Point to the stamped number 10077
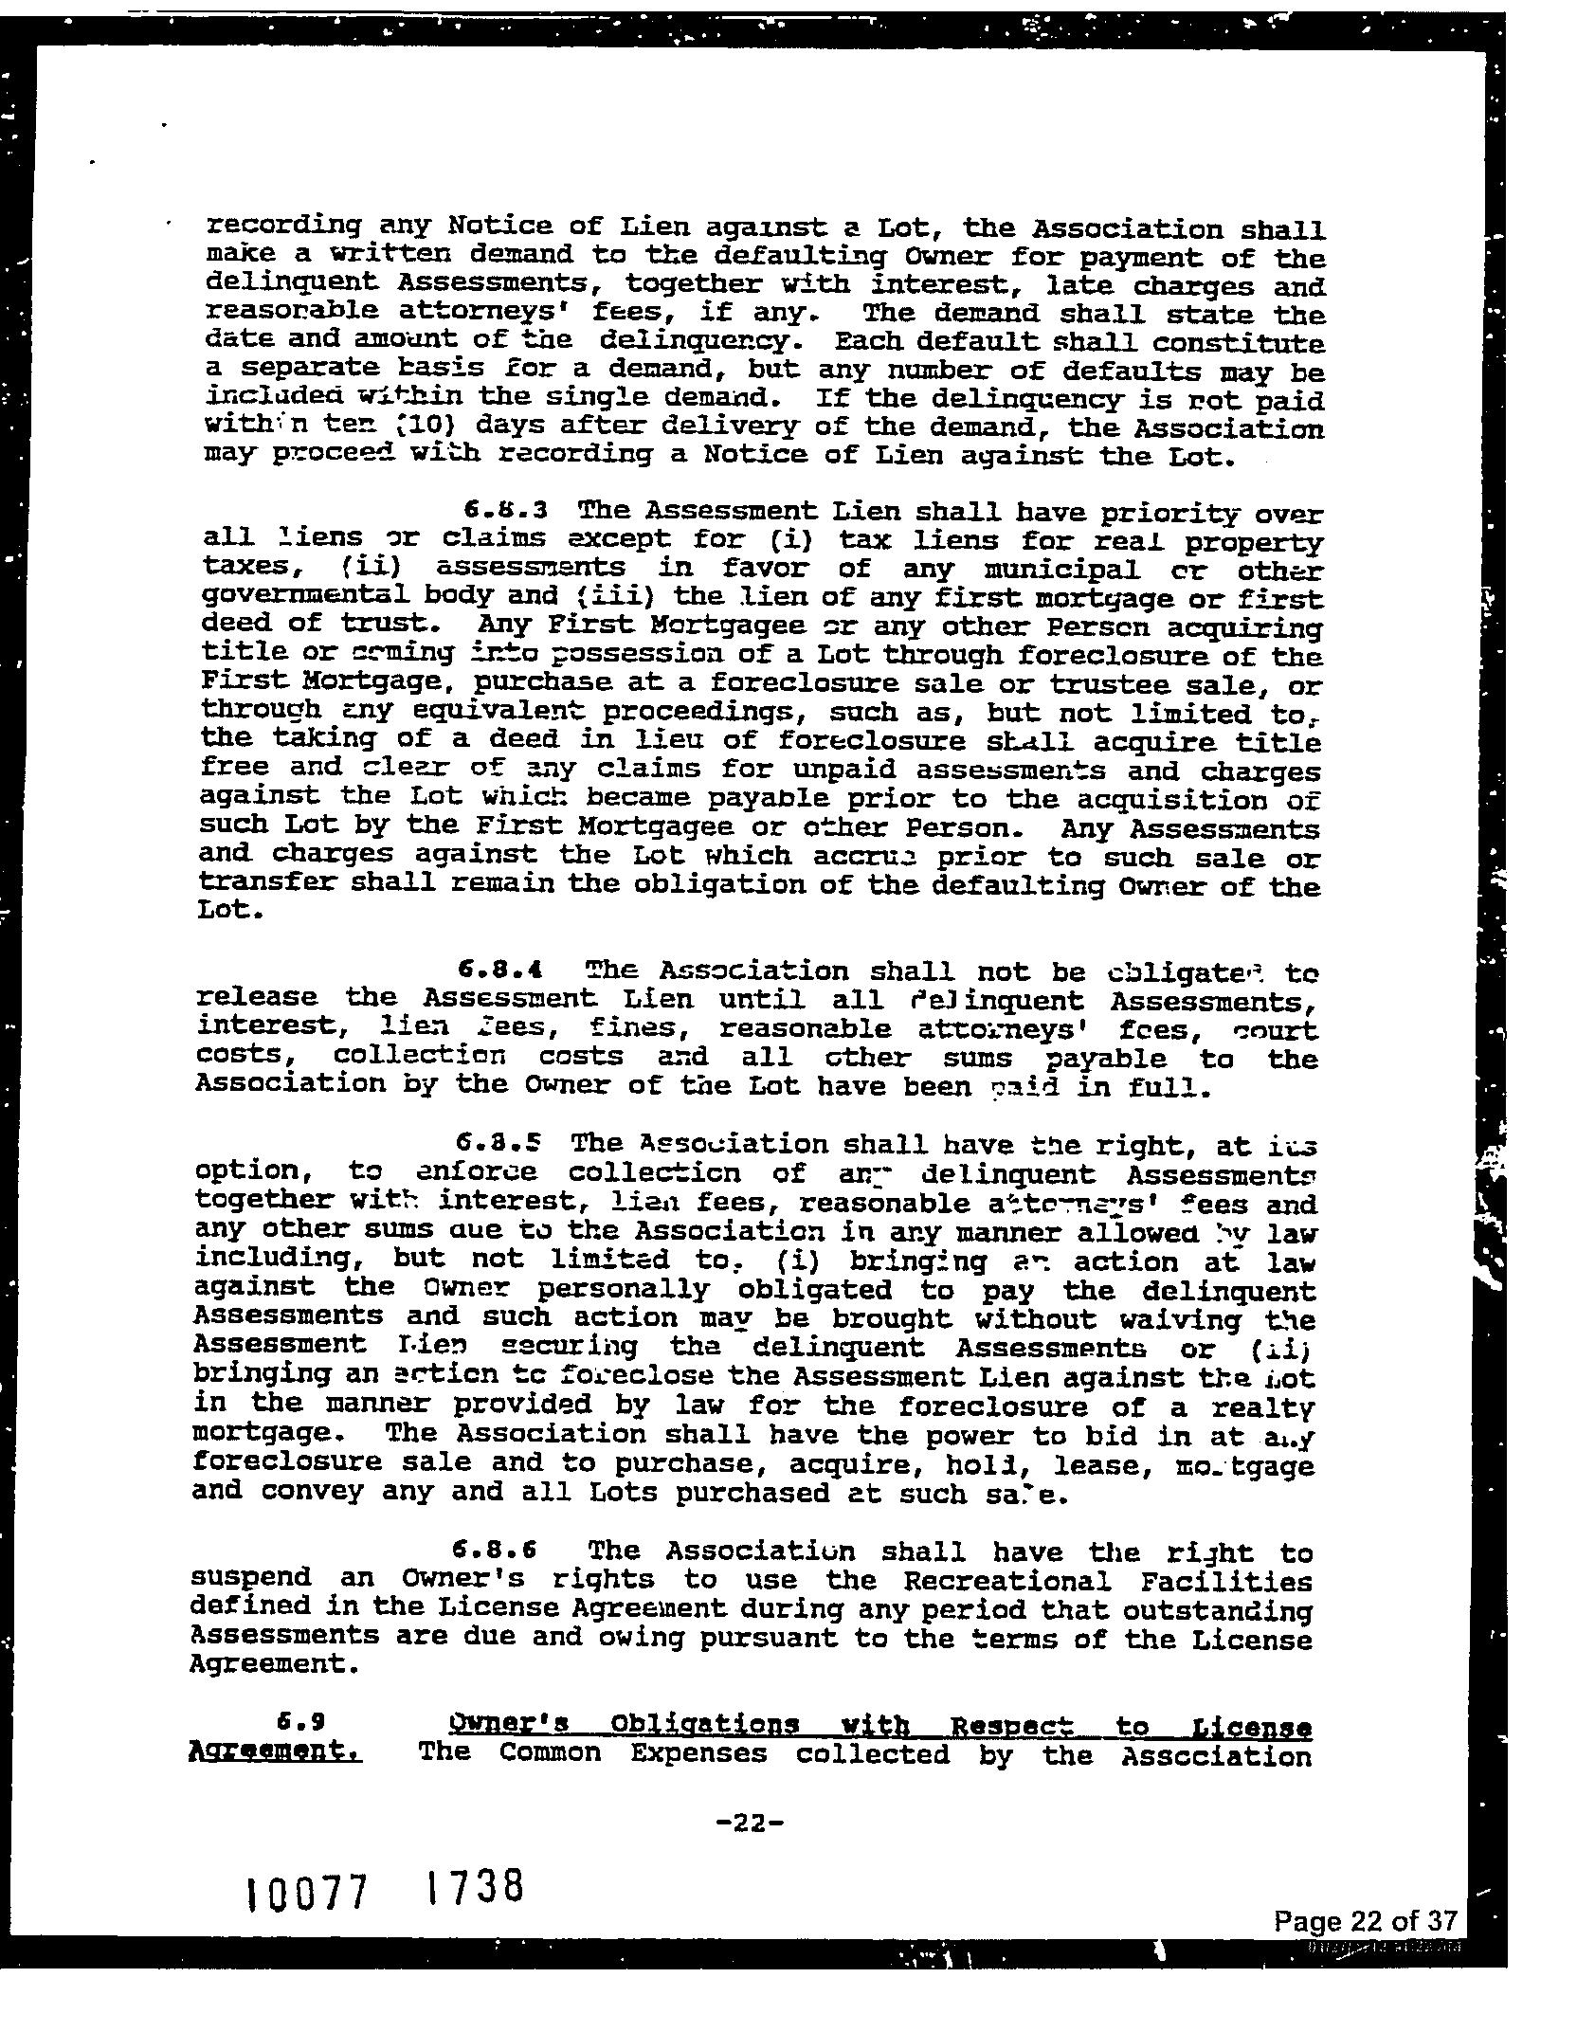point(306,1895)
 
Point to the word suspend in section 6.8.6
point(251,1578)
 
